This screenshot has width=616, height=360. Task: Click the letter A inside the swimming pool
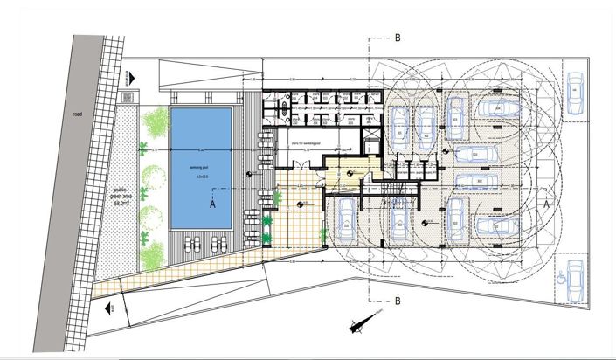211,203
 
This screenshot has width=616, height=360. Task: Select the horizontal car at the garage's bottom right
499,225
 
